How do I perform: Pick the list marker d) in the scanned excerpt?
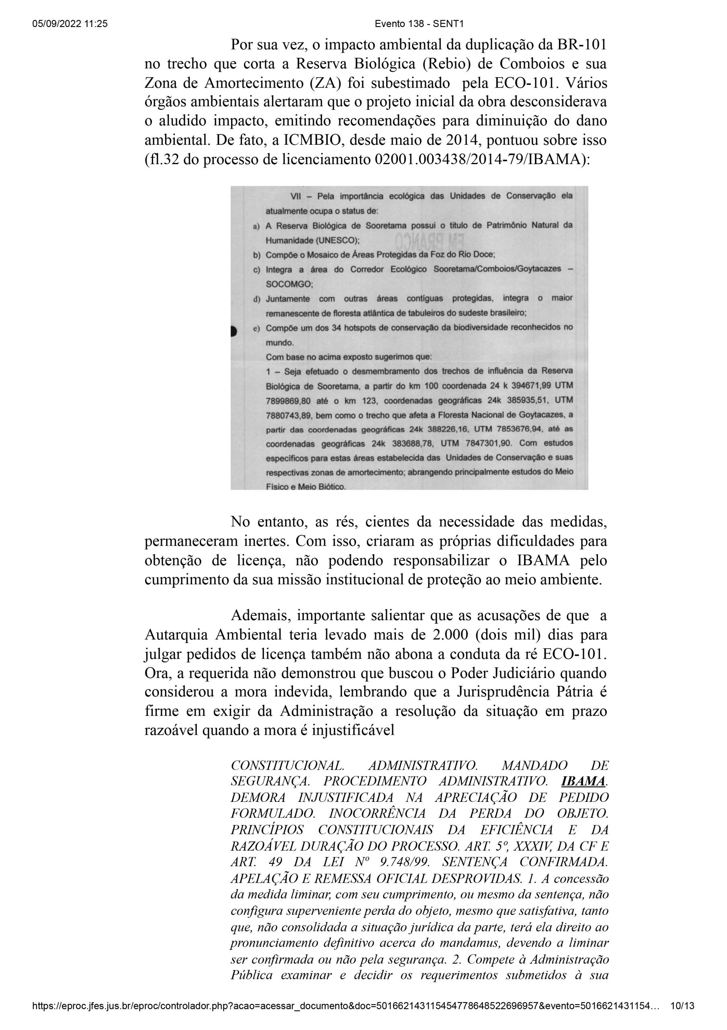tap(256, 299)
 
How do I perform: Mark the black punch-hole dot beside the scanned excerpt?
tap(233, 332)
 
